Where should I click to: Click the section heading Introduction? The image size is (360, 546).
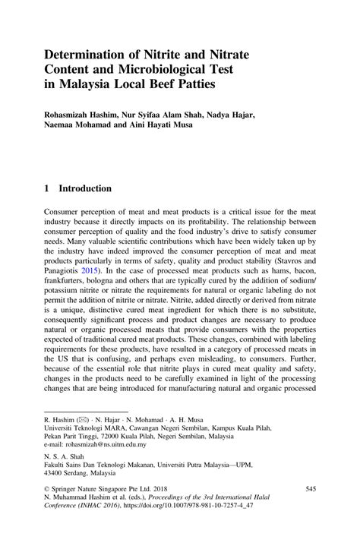click(x=85, y=188)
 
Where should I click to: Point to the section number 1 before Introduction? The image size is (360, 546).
click(x=48, y=188)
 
